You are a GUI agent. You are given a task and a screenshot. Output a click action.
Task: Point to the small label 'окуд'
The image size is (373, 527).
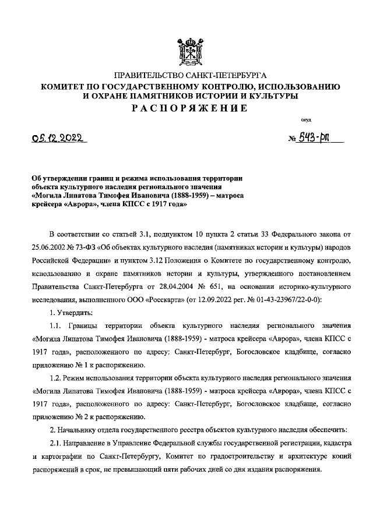tap(305, 120)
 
